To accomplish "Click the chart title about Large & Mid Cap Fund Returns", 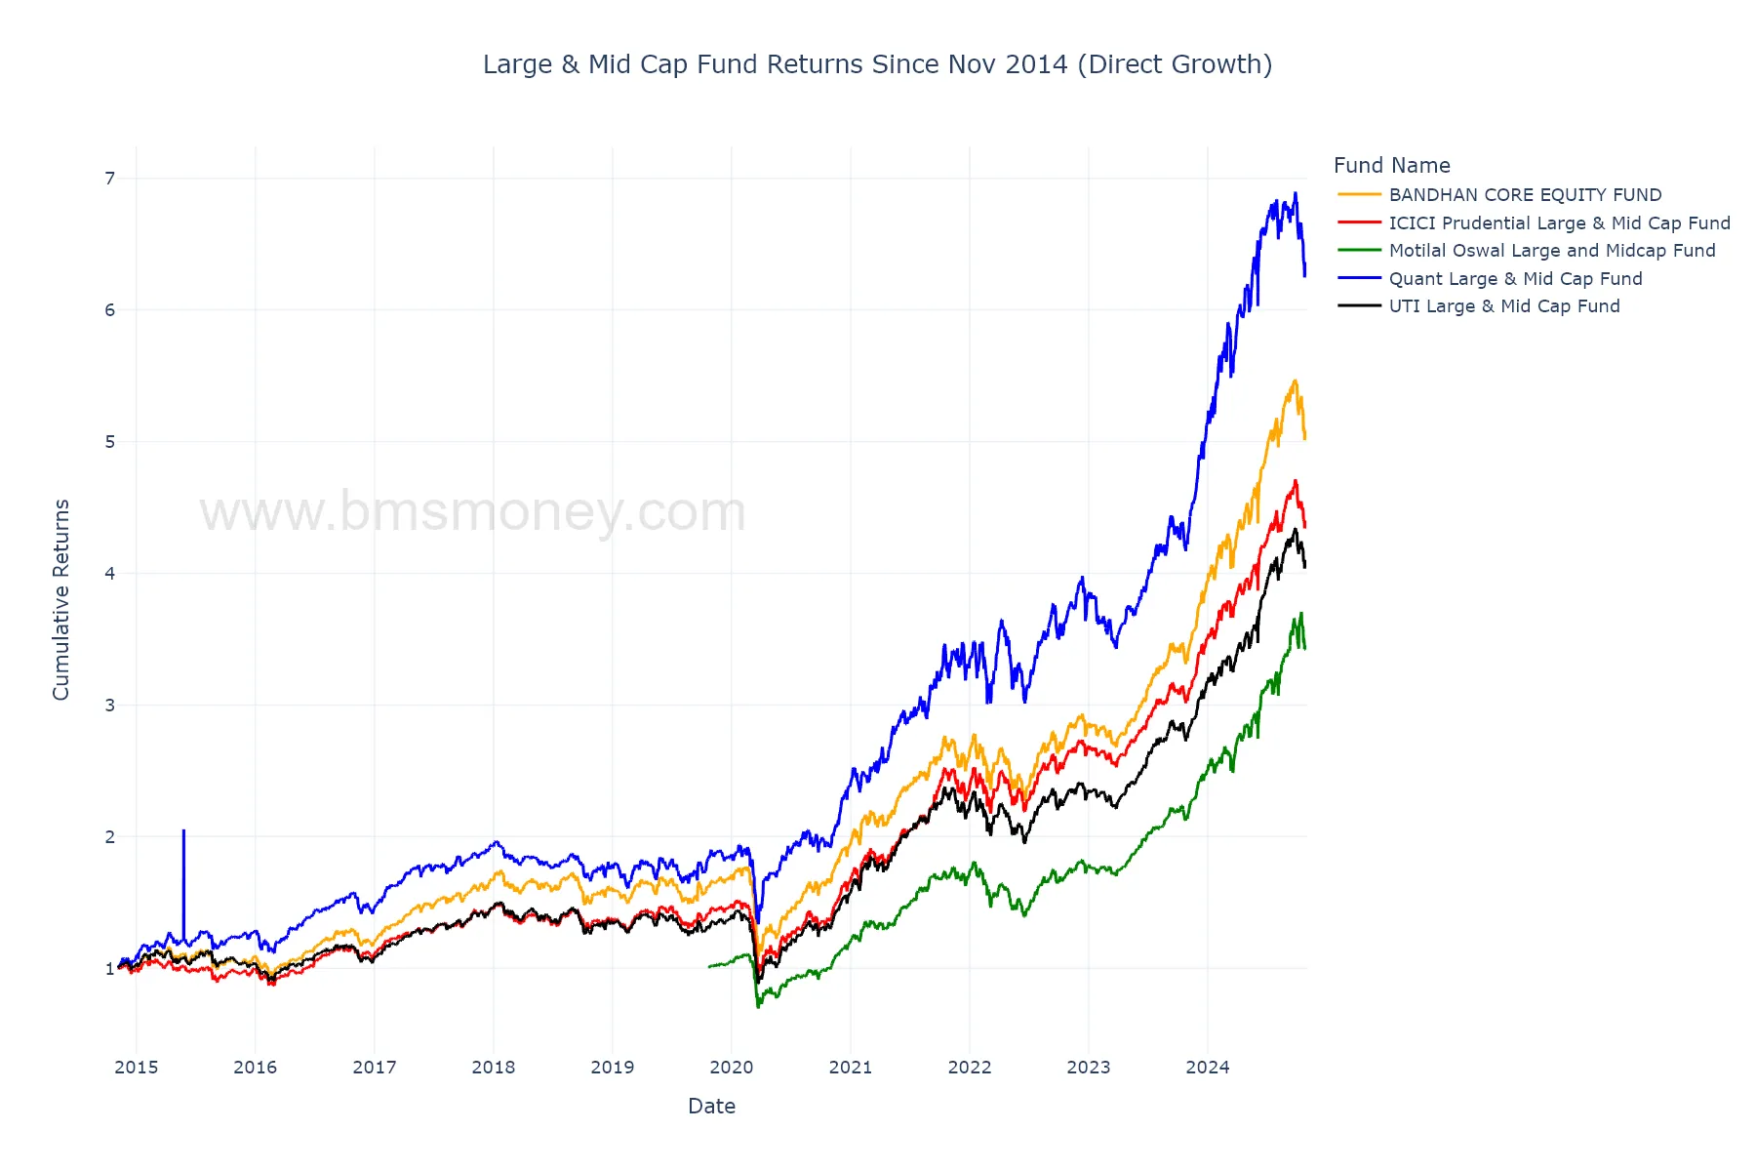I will tap(877, 64).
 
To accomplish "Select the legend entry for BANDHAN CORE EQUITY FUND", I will tap(1524, 195).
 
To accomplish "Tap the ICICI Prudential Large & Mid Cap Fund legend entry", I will tap(1558, 223).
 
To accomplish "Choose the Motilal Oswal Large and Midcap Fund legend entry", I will tap(1551, 251).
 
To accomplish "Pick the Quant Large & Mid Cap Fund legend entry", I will tap(1515, 279).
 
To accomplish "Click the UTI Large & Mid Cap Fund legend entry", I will tap(1503, 306).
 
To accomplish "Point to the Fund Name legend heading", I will tap(1391, 166).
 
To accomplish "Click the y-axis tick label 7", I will tap(110, 179).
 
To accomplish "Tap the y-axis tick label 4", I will tap(110, 574).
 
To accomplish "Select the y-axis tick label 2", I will tap(110, 837).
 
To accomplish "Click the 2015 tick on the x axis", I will tap(137, 1068).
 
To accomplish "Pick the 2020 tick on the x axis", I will tap(732, 1068).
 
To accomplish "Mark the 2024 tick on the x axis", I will tap(1208, 1068).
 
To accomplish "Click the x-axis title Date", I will tap(711, 1107).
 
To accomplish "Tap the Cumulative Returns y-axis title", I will tap(61, 599).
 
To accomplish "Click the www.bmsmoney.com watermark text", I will tap(473, 512).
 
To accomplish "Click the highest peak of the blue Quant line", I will tap(1296, 193).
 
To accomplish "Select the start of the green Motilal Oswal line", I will tap(709, 966).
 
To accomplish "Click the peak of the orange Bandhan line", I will tap(1295, 381).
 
